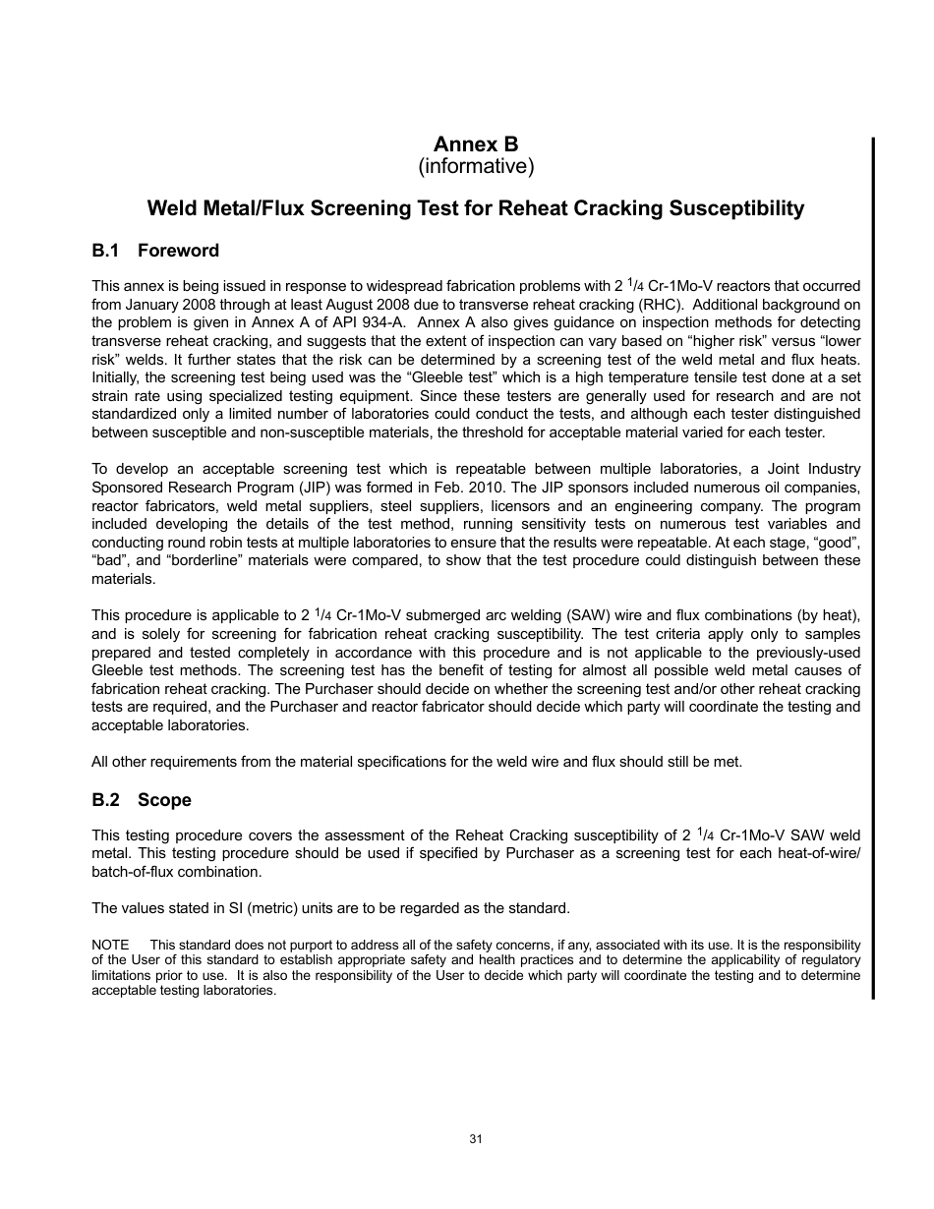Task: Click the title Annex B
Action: (476, 145)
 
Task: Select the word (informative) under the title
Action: (476, 166)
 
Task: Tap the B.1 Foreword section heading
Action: (155, 251)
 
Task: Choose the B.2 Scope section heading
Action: (142, 800)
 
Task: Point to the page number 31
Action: (476, 1139)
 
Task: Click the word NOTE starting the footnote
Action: (110, 945)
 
